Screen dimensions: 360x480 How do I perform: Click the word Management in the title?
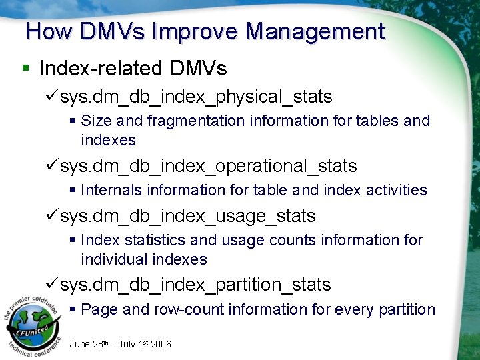tap(315, 31)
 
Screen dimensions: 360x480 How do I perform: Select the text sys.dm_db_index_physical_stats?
tap(195, 97)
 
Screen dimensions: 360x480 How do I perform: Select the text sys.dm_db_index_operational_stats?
tap(208, 166)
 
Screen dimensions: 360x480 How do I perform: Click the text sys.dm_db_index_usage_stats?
tap(187, 217)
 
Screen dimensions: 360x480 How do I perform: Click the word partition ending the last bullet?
tap(407, 310)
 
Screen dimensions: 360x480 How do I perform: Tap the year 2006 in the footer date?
tap(161, 344)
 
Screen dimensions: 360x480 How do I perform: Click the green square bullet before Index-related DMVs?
tap(26, 68)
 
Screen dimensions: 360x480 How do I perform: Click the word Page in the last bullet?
tap(99, 310)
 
